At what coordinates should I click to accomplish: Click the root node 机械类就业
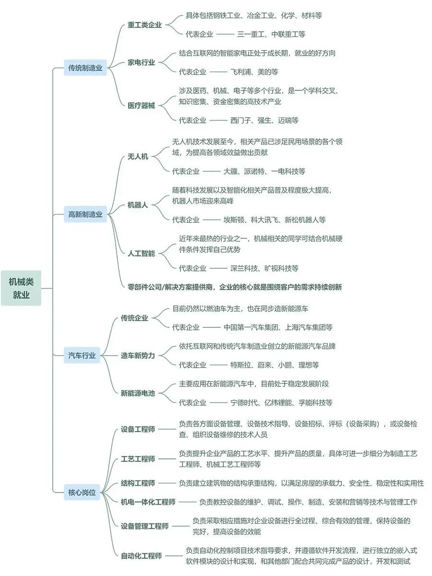point(21,288)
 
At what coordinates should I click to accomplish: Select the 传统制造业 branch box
point(85,68)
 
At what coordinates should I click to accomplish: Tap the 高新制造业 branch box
point(85,215)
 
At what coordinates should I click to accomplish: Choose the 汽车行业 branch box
point(82,356)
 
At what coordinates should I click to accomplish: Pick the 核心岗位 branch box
point(82,492)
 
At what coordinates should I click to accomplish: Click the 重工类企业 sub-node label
point(144,25)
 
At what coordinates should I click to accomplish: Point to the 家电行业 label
point(141,62)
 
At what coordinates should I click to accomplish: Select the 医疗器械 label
point(141,105)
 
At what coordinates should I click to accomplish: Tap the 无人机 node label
point(138,156)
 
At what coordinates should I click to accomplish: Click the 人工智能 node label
point(141,253)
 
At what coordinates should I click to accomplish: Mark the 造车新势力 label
point(138,356)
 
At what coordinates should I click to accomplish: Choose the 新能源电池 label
point(138,393)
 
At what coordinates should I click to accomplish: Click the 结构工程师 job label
point(138,483)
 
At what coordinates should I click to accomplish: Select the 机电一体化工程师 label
point(148,502)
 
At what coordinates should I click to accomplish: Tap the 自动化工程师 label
point(141,556)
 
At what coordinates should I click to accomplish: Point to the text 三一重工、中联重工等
point(271,34)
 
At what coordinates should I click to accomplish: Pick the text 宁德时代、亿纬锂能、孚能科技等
point(281,403)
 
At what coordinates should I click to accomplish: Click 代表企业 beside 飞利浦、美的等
point(192,72)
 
